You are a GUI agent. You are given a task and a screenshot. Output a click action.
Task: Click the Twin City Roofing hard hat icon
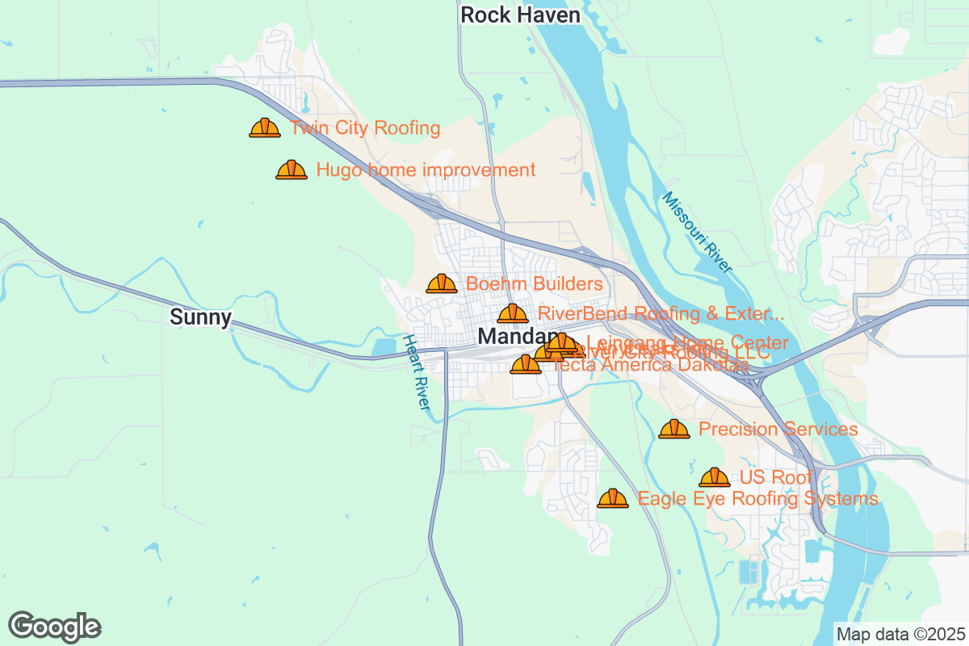[265, 128]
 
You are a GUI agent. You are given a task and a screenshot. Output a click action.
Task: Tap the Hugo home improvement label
[426, 170]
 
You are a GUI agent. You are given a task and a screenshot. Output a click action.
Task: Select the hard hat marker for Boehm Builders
[442, 283]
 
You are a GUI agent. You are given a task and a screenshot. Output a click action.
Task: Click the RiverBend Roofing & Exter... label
[661, 313]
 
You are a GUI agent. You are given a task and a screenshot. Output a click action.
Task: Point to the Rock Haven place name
[520, 15]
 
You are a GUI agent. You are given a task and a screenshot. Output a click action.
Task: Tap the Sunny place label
[200, 317]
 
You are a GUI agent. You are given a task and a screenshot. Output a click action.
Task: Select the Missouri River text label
[696, 233]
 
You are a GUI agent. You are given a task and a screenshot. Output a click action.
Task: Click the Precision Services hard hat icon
[674, 429]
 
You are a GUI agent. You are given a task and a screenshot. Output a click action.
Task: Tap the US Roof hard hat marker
[715, 477]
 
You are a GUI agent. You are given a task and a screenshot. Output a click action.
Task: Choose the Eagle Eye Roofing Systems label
[757, 499]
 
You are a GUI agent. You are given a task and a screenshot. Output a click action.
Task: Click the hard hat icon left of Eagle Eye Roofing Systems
[613, 498]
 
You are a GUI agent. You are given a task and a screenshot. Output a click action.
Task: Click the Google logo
[55, 627]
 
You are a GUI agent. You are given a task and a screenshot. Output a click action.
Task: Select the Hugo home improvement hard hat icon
[292, 170]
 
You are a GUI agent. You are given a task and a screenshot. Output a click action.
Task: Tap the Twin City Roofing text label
[365, 128]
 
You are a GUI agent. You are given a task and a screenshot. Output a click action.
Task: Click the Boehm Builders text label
[535, 284]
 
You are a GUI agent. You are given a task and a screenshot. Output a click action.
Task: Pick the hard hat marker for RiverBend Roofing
[513, 313]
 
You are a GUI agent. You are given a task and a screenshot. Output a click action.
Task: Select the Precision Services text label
[778, 430]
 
